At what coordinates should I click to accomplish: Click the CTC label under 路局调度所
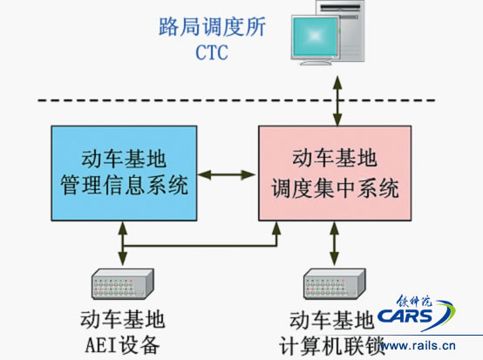pos(212,52)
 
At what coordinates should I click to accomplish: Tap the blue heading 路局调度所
pos(212,27)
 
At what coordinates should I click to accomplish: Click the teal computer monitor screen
pos(315,37)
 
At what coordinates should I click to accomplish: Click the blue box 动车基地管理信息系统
pos(124,173)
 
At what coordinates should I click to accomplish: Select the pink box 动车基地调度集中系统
pos(335,173)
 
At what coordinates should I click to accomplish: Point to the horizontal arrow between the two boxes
pos(228,175)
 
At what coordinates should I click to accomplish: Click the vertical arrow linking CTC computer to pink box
pos(337,101)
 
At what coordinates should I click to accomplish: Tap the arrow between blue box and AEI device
pos(123,243)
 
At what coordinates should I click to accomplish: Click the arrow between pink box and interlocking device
pos(335,243)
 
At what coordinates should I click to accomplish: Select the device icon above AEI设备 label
pos(123,284)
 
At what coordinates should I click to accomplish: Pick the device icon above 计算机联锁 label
pos(335,284)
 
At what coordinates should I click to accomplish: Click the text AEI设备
pos(122,345)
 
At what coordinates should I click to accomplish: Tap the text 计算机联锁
pos(332,345)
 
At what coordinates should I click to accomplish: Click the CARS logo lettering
pos(405,316)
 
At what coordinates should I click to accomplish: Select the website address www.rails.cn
pos(418,345)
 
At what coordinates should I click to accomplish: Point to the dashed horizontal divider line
pos(236,100)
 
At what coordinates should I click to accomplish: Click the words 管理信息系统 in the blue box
pos(124,186)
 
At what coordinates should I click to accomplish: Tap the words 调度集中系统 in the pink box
pos(335,188)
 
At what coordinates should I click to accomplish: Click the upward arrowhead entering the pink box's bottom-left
pos(276,228)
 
